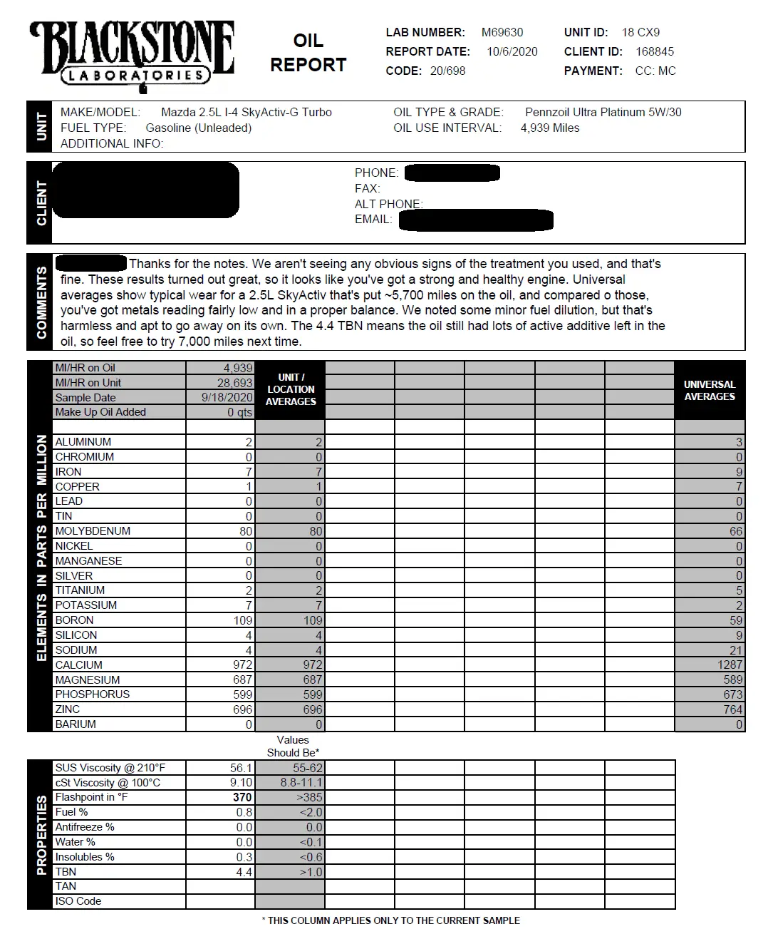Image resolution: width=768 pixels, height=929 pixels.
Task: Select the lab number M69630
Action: click(502, 32)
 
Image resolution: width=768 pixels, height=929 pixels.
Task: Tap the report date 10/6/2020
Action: click(512, 51)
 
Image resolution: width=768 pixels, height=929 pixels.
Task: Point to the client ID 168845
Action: click(654, 51)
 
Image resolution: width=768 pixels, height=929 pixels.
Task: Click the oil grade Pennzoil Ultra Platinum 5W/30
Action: click(603, 112)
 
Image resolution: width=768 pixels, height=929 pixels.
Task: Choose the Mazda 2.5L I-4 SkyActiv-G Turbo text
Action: click(246, 112)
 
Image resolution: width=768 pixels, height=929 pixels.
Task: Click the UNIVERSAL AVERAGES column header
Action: click(709, 390)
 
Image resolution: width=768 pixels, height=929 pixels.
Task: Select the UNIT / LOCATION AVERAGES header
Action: click(290, 389)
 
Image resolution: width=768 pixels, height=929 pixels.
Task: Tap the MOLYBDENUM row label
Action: click(93, 531)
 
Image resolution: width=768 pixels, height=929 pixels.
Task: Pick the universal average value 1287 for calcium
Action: click(730, 664)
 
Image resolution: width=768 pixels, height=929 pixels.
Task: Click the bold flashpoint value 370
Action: click(242, 797)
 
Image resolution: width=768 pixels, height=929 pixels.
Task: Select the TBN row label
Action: click(66, 871)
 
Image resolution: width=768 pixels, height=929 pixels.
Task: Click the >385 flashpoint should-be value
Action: click(309, 797)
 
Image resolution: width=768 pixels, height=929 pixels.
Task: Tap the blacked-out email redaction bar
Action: click(475, 220)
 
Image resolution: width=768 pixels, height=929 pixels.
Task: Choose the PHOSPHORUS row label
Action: click(93, 694)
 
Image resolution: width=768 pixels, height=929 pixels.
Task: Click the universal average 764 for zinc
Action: click(732, 709)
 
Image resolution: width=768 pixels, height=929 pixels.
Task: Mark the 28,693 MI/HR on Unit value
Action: click(234, 383)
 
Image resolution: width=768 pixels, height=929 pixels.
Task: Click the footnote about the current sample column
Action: click(390, 920)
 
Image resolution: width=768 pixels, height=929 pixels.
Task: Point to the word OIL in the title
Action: click(308, 41)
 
